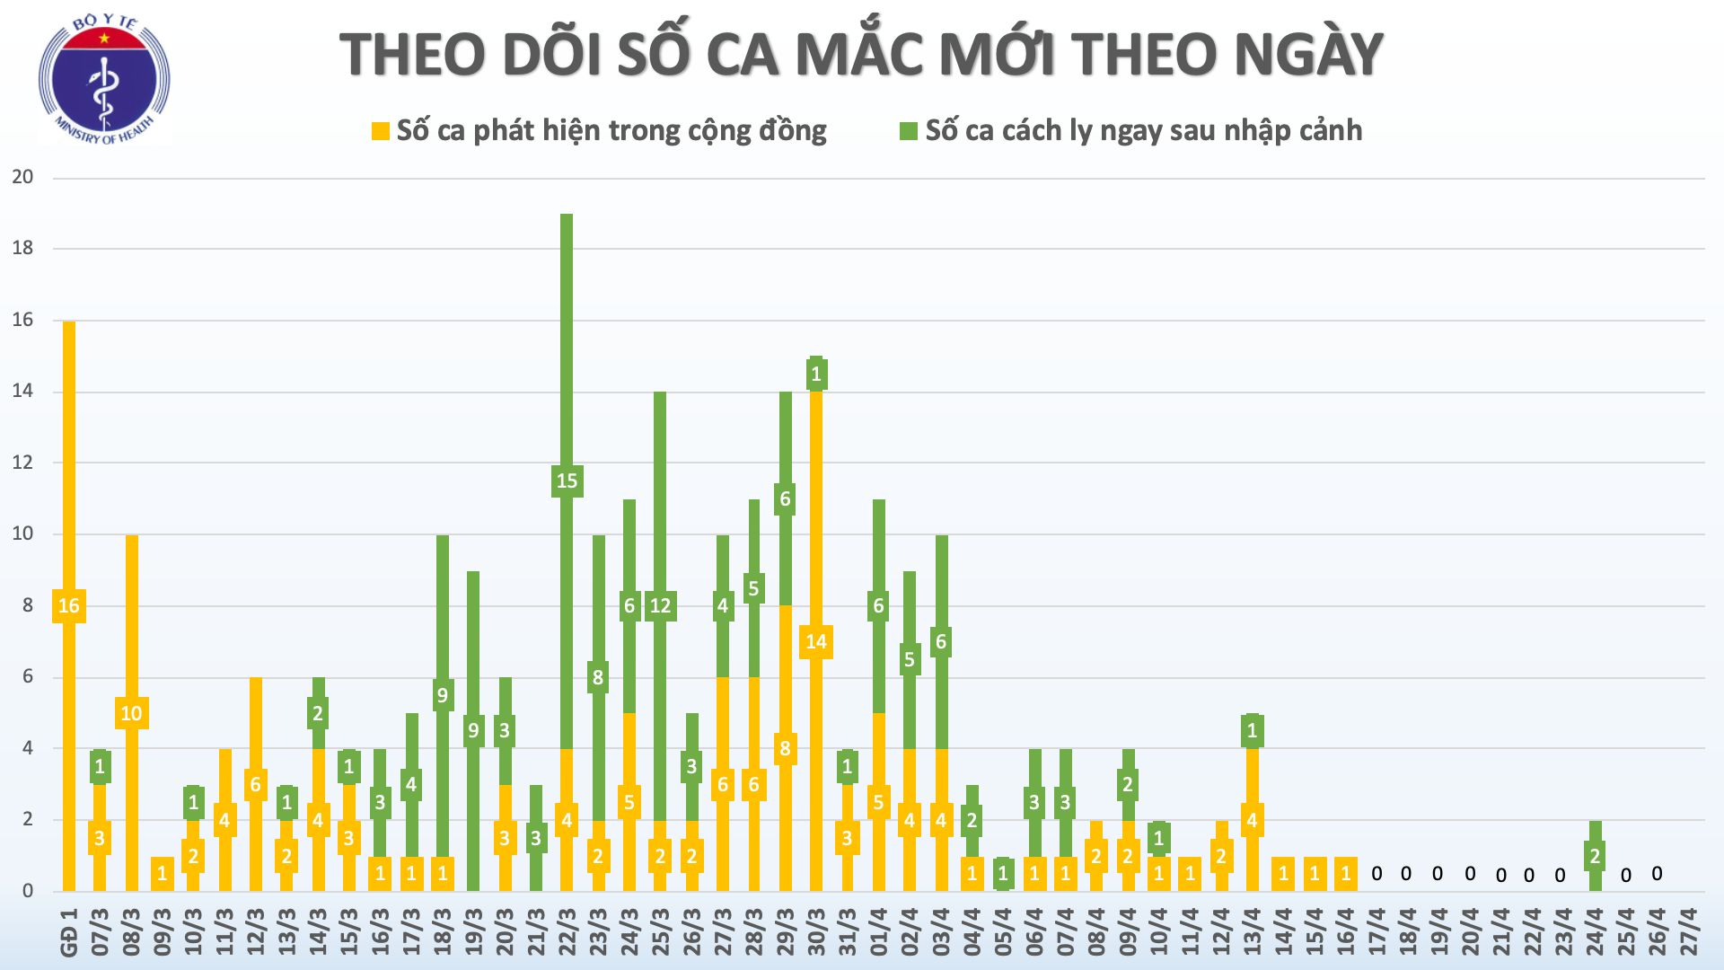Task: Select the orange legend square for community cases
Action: (381, 131)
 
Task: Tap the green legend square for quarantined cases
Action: (909, 131)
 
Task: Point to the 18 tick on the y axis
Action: (22, 249)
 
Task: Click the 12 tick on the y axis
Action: (22, 463)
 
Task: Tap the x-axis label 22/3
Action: (567, 932)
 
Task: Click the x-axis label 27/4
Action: (1688, 932)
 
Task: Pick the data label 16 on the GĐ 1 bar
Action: (69, 606)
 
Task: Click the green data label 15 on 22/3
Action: (567, 481)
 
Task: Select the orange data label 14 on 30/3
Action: (816, 642)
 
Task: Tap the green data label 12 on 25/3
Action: (660, 606)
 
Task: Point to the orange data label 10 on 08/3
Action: (131, 713)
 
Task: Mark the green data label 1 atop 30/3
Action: (816, 374)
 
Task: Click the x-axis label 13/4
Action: (1253, 932)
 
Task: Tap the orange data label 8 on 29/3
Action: (785, 749)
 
